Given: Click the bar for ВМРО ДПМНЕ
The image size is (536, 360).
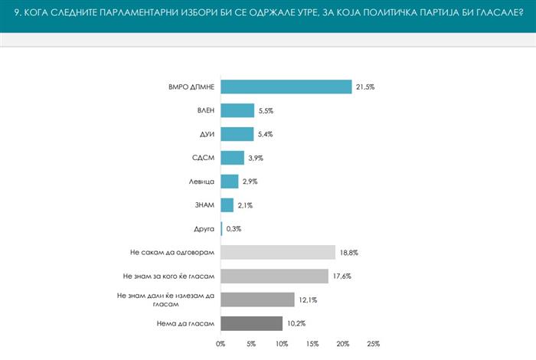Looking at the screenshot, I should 286,87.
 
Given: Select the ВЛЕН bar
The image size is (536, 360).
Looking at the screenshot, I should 237,111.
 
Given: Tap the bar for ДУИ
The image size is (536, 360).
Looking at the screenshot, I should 237,134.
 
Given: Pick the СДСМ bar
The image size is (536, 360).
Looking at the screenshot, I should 232,158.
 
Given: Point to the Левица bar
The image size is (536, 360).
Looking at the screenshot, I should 229,182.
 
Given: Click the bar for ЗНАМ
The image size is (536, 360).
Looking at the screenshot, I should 227,205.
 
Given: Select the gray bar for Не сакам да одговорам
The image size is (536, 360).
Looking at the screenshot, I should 278,252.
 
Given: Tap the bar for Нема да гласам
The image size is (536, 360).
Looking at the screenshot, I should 251,322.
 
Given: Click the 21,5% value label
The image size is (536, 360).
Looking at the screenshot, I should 364,87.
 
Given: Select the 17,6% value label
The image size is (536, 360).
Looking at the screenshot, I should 341,276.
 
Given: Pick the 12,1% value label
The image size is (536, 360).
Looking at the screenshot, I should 307,299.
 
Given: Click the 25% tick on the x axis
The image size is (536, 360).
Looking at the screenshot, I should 373,343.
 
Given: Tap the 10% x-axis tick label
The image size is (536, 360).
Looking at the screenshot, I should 282,343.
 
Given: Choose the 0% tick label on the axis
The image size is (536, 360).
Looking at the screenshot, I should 221,343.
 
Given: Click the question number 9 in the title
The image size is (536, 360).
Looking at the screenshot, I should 17,12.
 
